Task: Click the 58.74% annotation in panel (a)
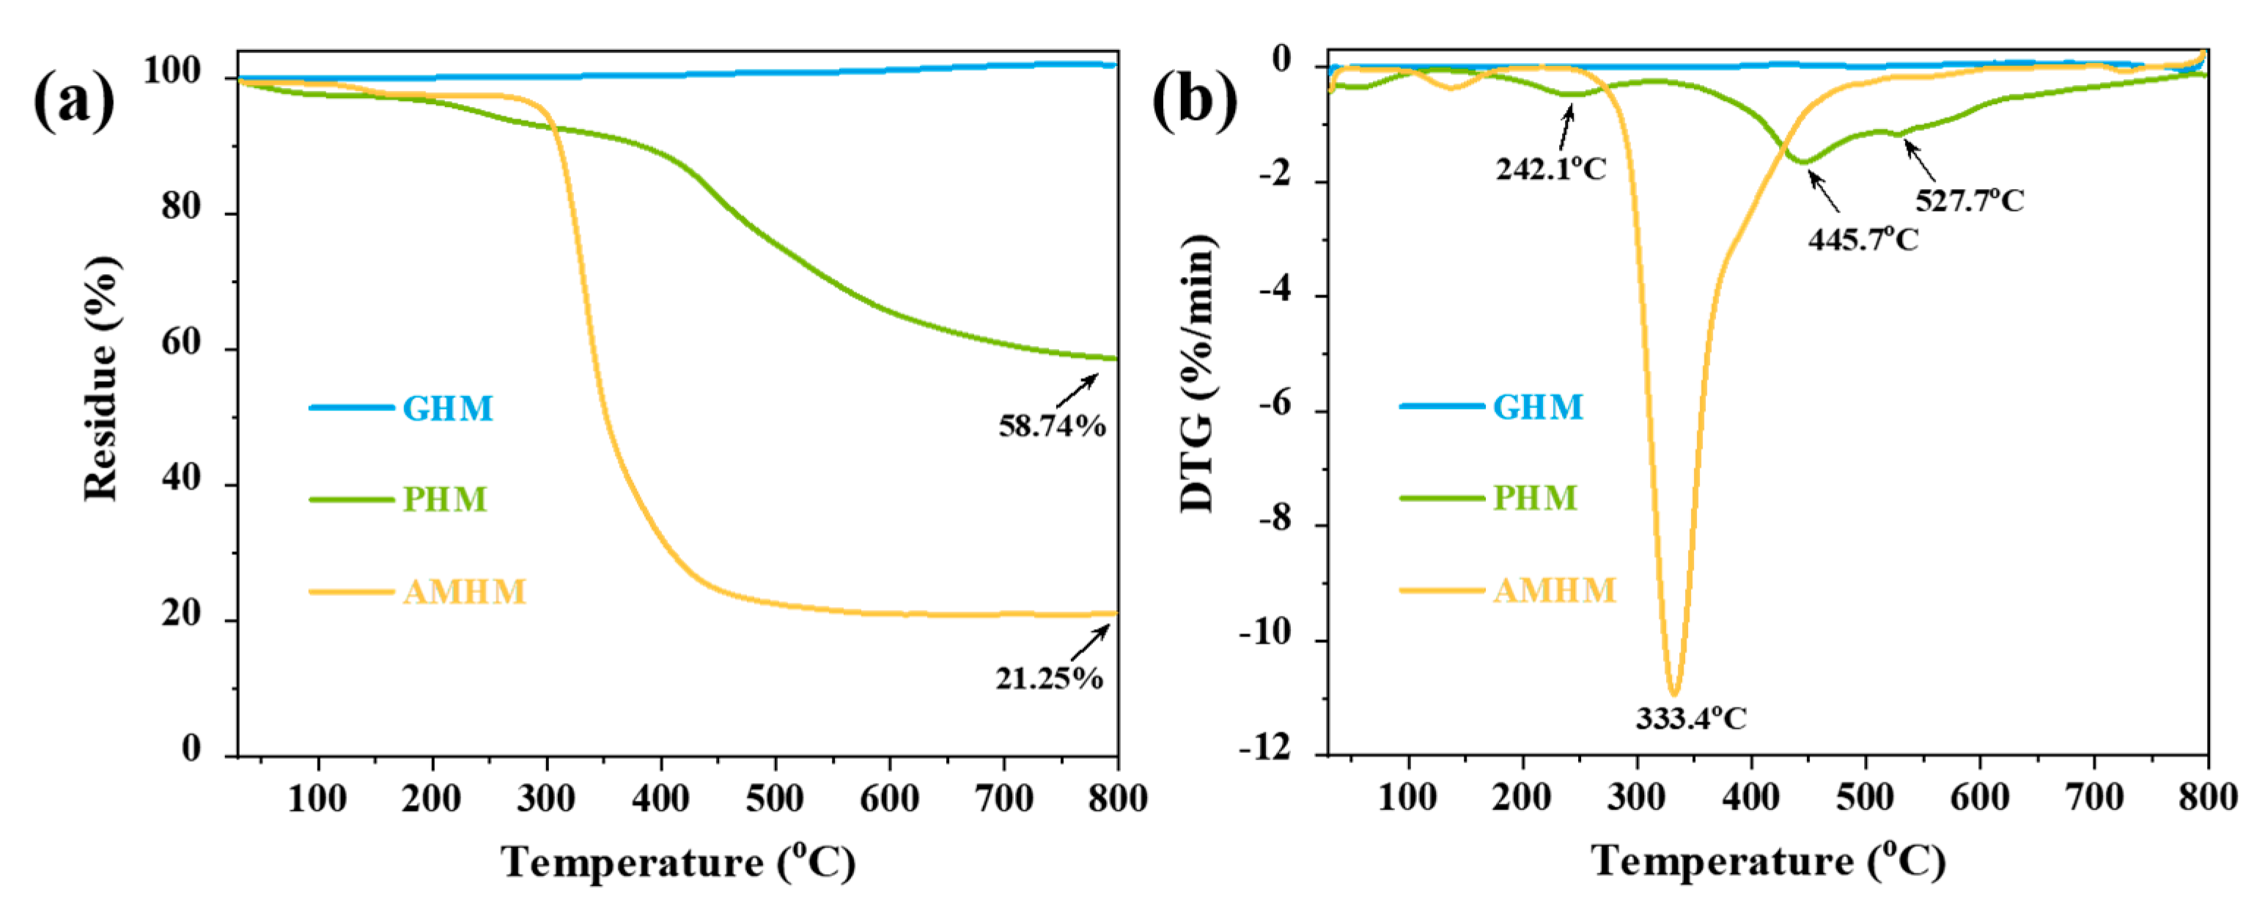click(1052, 426)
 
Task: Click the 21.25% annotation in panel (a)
click(1048, 678)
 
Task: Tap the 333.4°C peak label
click(1690, 719)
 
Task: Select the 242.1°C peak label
click(1550, 169)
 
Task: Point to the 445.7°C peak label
click(1863, 239)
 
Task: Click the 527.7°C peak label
click(1969, 200)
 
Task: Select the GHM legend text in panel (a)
click(447, 408)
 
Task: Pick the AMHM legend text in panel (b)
click(1554, 591)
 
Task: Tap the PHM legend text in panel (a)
click(444, 499)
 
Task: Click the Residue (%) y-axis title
click(101, 378)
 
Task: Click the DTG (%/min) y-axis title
click(1197, 374)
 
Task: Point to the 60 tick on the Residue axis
click(181, 344)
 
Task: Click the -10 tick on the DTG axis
click(1264, 633)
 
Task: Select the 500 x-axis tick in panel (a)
click(774, 799)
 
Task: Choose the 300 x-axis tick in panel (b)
click(1636, 797)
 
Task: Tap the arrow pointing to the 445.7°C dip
click(1824, 191)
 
